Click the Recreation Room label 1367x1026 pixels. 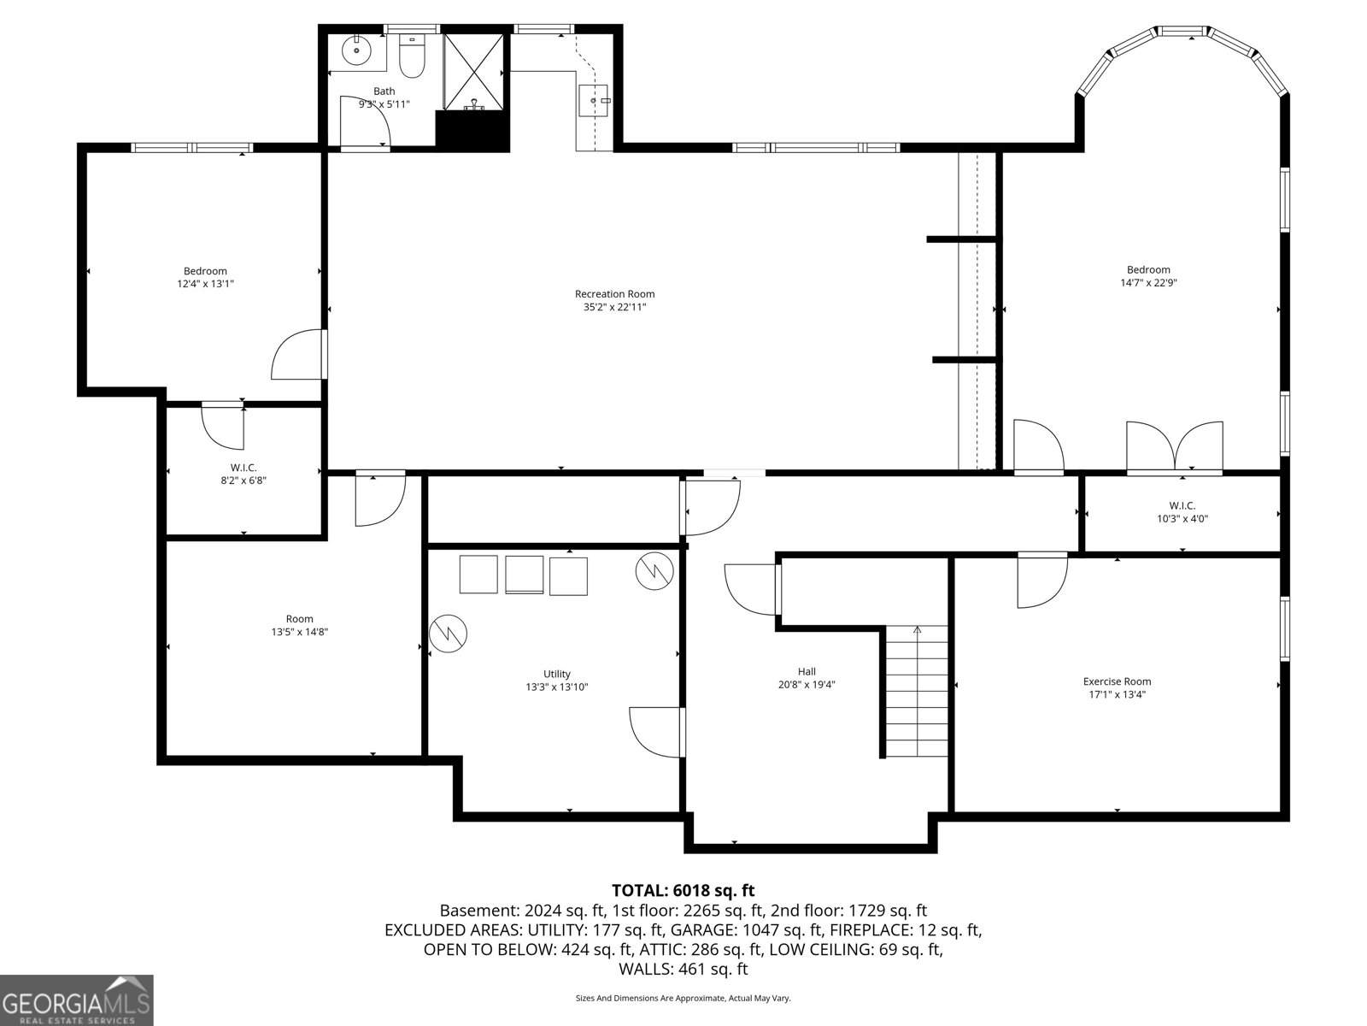coord(614,294)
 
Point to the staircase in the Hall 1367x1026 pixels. coord(917,691)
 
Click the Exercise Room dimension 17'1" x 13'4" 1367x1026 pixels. coord(1117,695)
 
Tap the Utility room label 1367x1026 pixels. coord(557,674)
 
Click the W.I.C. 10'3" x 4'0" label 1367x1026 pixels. coord(1182,511)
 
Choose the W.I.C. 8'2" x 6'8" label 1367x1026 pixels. coord(243,474)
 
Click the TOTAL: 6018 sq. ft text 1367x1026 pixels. coord(683,891)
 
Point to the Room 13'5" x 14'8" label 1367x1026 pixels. coord(299,625)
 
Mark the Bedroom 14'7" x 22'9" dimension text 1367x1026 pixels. coord(1148,283)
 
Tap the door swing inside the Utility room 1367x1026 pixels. coord(656,732)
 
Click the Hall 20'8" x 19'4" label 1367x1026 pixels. coord(807,678)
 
